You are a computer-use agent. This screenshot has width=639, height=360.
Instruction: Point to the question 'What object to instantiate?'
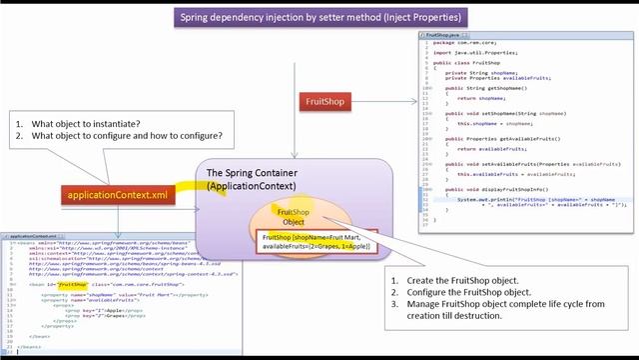pyautogui.click(x=84, y=124)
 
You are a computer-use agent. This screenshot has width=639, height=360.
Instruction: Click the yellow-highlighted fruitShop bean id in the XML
pyautogui.click(x=72, y=285)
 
